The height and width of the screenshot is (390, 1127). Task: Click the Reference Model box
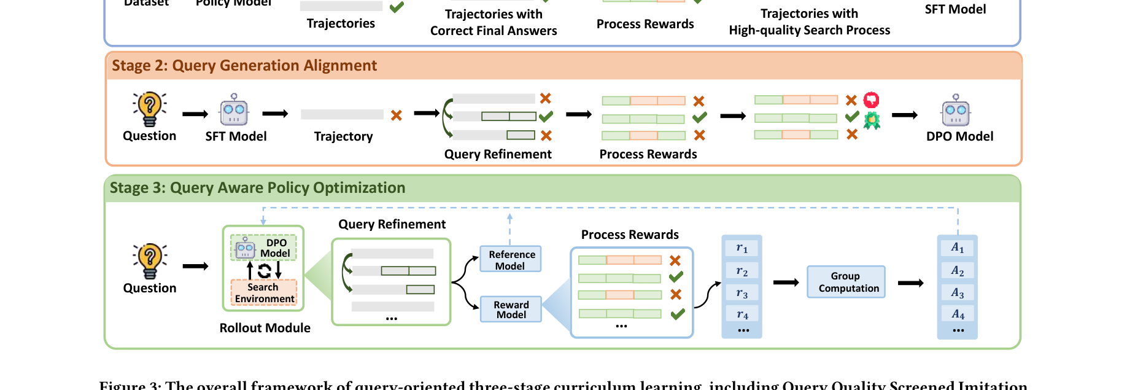click(511, 260)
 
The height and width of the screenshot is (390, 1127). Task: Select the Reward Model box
click(511, 310)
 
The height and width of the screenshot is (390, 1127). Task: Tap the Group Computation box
click(846, 282)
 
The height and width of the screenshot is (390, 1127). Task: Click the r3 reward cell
click(742, 293)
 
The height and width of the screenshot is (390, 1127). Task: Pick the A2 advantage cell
click(957, 271)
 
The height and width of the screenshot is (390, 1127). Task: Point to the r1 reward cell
click(742, 248)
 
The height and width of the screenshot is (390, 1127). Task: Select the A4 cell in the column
click(957, 314)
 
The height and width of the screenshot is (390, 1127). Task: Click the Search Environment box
click(264, 293)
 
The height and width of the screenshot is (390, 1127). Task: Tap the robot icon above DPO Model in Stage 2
click(956, 111)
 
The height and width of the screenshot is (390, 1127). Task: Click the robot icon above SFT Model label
click(234, 110)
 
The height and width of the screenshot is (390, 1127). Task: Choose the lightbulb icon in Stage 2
click(149, 109)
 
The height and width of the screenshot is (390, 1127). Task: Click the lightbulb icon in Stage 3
click(149, 260)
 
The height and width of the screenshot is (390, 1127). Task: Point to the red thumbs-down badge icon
click(871, 99)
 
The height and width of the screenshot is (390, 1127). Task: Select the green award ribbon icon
click(872, 120)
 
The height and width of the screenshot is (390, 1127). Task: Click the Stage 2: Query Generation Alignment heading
click(244, 66)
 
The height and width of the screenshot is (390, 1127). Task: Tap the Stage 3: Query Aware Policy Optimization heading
click(258, 188)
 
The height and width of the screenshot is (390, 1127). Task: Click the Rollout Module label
click(265, 328)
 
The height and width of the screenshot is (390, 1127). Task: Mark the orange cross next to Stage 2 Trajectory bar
click(397, 115)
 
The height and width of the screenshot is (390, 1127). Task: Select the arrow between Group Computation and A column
click(910, 283)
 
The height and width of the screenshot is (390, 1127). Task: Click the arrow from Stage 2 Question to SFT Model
click(195, 114)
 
